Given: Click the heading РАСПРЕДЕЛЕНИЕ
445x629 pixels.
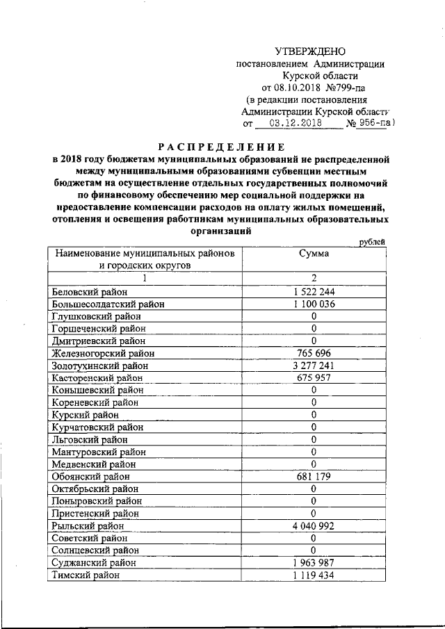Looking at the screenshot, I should [x=222, y=147].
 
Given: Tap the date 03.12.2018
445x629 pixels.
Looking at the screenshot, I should [x=296, y=124].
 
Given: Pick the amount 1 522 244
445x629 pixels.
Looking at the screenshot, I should [x=314, y=291].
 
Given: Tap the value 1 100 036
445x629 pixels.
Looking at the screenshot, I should [x=314, y=304].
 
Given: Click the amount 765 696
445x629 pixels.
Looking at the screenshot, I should [x=314, y=353].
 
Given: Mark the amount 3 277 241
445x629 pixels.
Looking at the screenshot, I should [x=314, y=366].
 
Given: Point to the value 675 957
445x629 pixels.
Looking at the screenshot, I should [x=314, y=377].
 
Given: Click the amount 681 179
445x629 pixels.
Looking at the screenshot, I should [x=314, y=477].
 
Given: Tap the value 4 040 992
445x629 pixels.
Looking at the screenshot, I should [x=314, y=526].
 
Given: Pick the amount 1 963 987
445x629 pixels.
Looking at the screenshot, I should [x=314, y=563].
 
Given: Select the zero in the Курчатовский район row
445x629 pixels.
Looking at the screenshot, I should [x=314, y=427].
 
